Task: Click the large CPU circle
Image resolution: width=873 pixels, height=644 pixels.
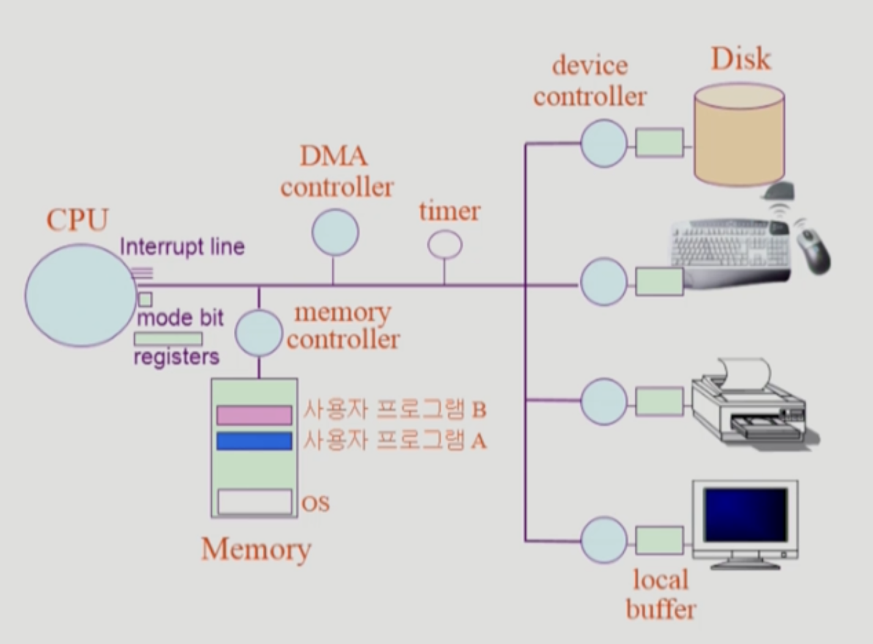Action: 80,295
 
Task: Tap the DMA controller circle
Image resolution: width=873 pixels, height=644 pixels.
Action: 335,233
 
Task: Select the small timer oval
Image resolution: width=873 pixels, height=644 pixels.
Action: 444,245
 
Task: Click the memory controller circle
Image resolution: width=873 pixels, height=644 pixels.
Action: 258,333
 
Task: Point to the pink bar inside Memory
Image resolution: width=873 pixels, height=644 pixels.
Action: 254,414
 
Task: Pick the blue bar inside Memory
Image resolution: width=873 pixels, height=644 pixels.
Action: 254,441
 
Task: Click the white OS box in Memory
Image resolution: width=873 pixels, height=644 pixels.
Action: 255,502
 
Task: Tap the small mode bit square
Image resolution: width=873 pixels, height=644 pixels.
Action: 145,299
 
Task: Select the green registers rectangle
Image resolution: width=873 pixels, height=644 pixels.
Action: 168,339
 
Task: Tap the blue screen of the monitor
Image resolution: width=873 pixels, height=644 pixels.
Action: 745,514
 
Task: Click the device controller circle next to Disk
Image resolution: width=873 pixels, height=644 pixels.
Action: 604,143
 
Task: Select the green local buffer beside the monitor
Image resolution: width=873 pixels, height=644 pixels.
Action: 659,541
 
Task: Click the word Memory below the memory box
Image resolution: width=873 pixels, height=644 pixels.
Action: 256,549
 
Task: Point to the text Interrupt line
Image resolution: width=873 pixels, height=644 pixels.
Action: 182,247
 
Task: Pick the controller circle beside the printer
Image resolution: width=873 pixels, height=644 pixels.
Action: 604,402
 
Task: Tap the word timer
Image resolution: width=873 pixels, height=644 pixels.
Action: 449,211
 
